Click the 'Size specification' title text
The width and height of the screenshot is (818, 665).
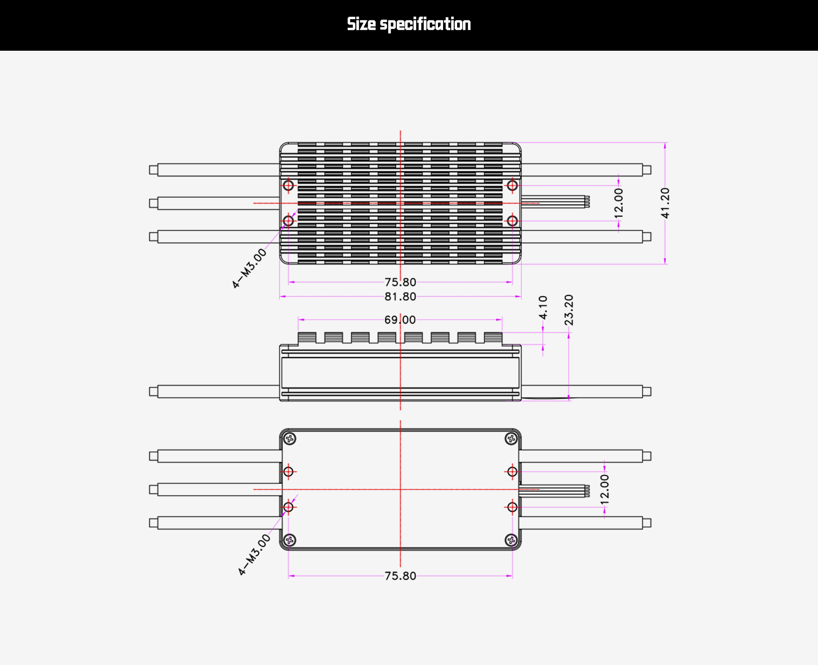pos(409,24)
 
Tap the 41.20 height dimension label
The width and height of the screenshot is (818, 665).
pos(665,203)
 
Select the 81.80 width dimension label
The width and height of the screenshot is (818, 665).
pos(400,296)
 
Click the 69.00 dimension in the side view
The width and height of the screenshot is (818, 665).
pos(400,320)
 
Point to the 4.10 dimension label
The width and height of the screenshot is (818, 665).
pos(543,307)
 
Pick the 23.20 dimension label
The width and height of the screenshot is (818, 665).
pos(569,310)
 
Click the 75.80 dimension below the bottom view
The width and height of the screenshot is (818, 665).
pos(400,576)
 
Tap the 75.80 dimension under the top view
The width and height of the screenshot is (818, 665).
pos(400,282)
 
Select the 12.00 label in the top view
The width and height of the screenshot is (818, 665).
pos(619,203)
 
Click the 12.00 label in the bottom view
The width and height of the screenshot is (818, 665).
pos(605,489)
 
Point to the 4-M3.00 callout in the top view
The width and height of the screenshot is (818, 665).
pos(249,268)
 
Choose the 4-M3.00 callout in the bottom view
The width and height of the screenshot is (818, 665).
pos(254,555)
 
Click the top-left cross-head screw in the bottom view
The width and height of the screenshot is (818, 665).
pos(290,439)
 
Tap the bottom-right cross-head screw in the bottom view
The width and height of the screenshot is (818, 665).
pos(511,541)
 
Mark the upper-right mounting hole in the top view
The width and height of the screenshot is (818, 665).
pos(512,185)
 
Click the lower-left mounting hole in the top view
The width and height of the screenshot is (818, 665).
pos(288,220)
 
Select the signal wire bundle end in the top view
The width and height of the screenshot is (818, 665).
pos(587,202)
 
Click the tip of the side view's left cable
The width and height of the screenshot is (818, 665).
pos(153,391)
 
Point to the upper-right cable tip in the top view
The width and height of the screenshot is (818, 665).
pos(647,170)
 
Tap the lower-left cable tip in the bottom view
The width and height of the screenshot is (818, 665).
pos(153,523)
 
